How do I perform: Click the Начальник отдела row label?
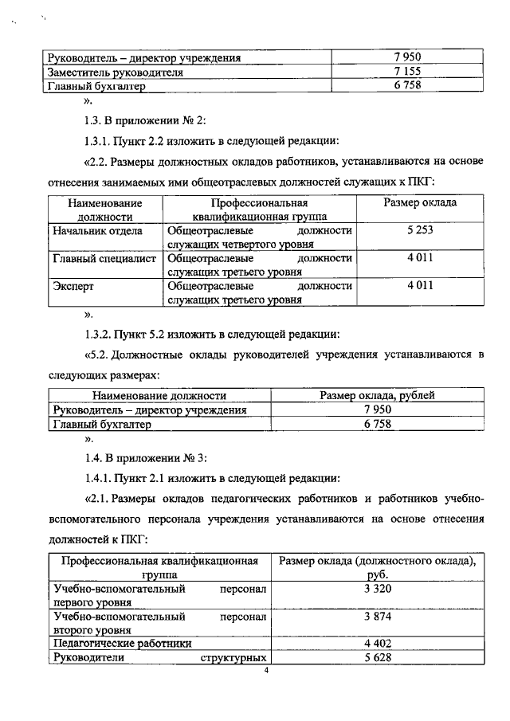pyautogui.click(x=97, y=231)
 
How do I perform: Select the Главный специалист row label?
pyautogui.click(x=104, y=259)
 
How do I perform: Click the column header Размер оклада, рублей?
pyautogui.click(x=377, y=395)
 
